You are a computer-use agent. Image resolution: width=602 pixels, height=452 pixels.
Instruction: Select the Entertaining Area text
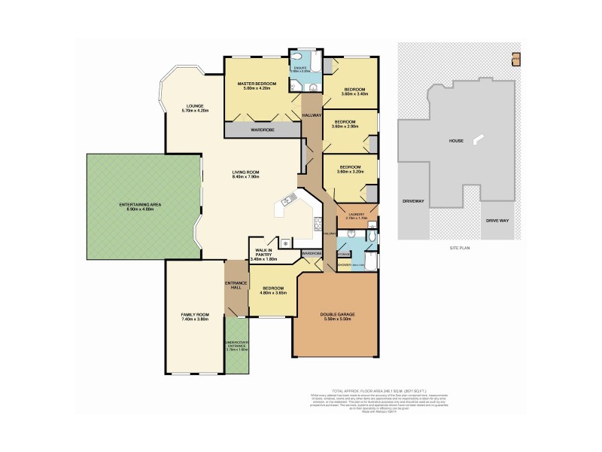(126, 206)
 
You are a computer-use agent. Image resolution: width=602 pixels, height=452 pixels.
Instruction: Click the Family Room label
(193, 316)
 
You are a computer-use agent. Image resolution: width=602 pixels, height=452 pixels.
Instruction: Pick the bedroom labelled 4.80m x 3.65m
(272, 291)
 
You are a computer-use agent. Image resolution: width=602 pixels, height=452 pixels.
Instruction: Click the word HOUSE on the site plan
(456, 140)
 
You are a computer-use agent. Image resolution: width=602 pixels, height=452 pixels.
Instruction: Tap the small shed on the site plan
(515, 58)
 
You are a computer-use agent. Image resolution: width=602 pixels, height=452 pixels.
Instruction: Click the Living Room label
(245, 175)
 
